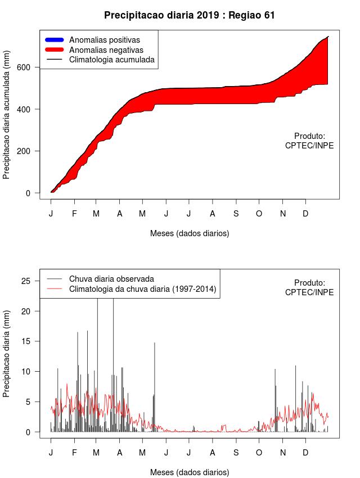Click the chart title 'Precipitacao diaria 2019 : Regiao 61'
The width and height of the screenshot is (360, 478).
(x=190, y=15)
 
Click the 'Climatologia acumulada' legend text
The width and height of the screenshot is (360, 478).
(x=111, y=59)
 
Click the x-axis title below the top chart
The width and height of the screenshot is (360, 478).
(x=190, y=233)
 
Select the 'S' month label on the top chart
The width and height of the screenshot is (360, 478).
(x=236, y=214)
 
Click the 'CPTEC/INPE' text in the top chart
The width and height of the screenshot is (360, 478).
(x=309, y=146)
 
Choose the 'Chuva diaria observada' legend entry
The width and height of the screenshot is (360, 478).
(x=111, y=279)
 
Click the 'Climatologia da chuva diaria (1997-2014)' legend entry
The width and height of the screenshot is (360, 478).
(x=142, y=289)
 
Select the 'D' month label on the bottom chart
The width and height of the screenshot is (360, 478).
(x=305, y=453)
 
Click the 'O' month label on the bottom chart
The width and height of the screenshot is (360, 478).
(x=259, y=453)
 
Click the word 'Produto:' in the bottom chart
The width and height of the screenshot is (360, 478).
(x=309, y=283)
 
